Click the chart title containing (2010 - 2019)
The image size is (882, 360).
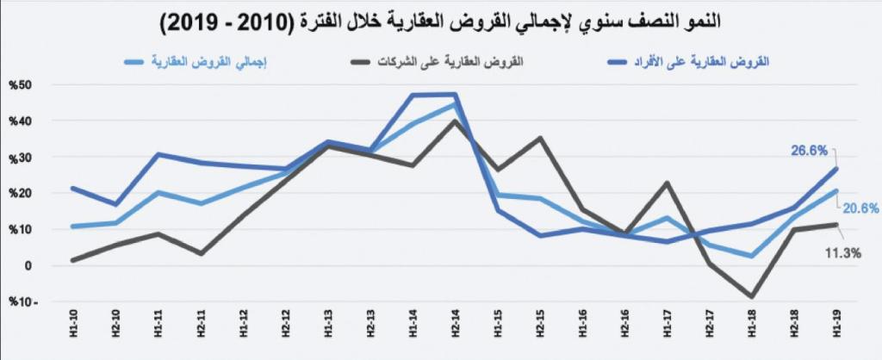(x=441, y=23)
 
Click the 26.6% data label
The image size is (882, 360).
(x=811, y=150)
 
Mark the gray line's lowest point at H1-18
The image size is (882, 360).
(x=752, y=297)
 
